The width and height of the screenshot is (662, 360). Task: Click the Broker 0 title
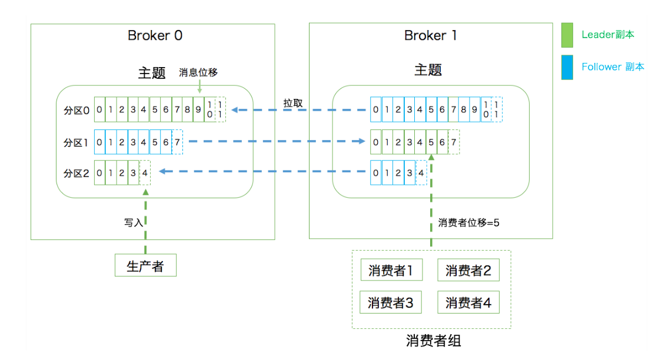tap(155, 35)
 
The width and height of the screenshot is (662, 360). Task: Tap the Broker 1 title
tap(430, 35)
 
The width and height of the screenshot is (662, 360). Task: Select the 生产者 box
tap(145, 266)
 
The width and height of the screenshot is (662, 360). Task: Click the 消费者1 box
tap(390, 271)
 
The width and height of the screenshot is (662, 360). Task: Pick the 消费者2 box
tap(468, 271)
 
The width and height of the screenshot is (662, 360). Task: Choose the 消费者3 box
tap(390, 302)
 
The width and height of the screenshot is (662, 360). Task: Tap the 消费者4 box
tap(468, 302)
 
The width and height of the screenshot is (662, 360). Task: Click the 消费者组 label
tap(433, 341)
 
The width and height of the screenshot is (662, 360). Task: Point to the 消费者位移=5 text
tap(468, 223)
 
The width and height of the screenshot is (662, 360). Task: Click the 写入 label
tap(133, 223)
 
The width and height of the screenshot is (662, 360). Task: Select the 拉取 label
tap(293, 103)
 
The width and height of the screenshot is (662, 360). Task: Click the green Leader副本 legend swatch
tap(567, 35)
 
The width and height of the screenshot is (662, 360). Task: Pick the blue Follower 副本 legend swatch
tap(567, 67)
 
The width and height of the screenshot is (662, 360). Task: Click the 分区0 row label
tap(76, 110)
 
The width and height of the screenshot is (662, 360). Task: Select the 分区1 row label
tap(76, 142)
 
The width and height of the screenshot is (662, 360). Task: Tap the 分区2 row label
tap(76, 174)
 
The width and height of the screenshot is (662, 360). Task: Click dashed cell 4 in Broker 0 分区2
tap(145, 174)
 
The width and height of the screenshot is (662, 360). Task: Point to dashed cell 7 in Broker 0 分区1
tap(177, 142)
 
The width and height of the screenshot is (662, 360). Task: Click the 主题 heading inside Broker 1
tap(428, 70)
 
